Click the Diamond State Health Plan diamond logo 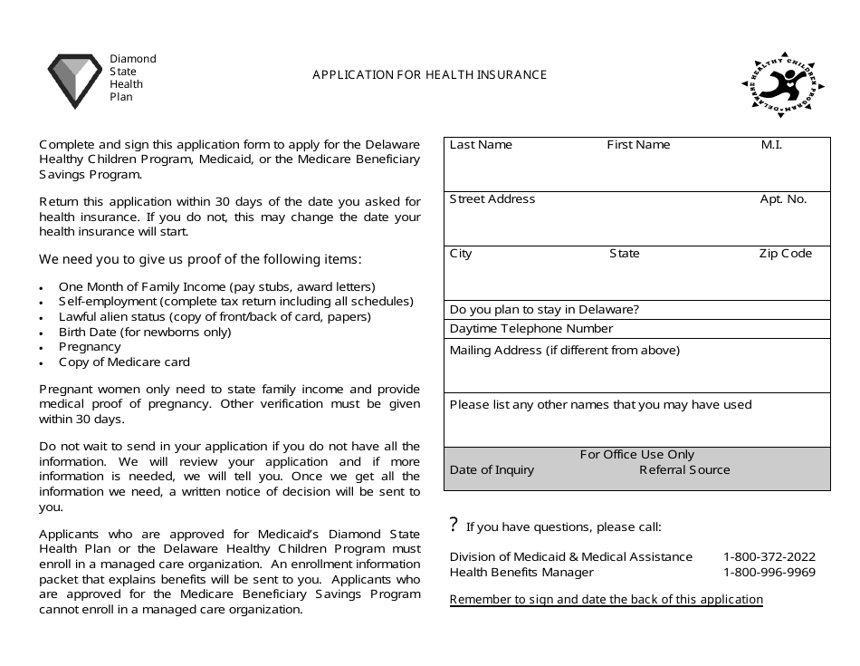[74, 80]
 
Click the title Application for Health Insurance [429, 75]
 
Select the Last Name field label [481, 145]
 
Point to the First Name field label [638, 145]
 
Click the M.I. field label [770, 145]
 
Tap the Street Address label [492, 199]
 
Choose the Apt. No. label [783, 199]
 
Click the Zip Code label [785, 254]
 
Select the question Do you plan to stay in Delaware [544, 310]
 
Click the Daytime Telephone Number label [531, 329]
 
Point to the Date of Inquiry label [492, 470]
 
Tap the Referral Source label [684, 470]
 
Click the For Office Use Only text [637, 455]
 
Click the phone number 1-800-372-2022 [769, 557]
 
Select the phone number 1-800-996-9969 [769, 573]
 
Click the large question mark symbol [454, 526]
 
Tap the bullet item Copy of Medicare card [124, 362]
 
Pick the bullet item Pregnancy [90, 347]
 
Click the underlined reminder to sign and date [606, 600]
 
